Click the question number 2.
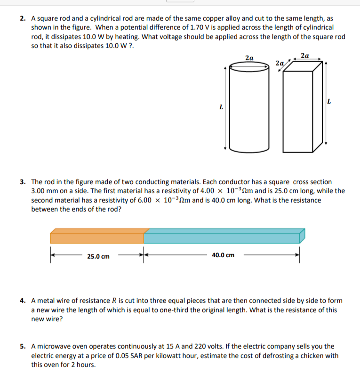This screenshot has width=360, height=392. click(23, 19)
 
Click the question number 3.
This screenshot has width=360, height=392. click(23, 182)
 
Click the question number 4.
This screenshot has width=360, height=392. click(23, 300)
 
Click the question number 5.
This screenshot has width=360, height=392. click(23, 346)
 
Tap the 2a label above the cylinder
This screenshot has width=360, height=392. click(250, 58)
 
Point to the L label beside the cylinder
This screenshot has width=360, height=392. click(221, 107)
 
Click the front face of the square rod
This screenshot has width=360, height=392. click(297, 113)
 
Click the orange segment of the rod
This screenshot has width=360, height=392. click(97, 238)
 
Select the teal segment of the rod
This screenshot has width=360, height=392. click(221, 238)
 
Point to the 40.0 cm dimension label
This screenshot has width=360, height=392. click(223, 255)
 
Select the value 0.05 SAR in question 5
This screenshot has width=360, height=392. click(147, 355)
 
